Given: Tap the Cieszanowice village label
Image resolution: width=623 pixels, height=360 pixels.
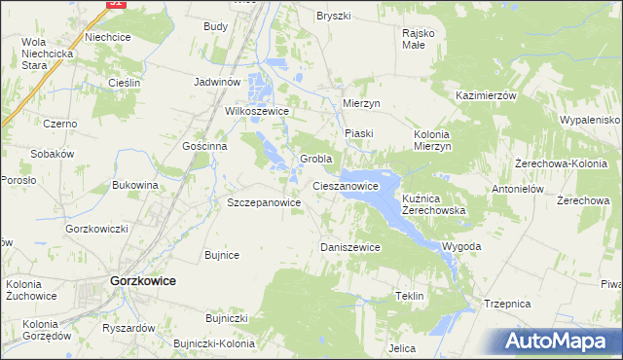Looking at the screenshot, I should point(345,184).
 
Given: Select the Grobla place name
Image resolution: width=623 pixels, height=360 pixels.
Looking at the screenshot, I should point(316,159).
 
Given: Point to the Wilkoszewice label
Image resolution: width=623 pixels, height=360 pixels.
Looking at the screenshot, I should point(258,111).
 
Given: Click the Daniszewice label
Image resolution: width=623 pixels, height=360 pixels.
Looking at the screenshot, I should point(350,247).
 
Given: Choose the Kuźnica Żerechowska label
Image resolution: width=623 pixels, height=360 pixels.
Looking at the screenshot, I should point(434,203).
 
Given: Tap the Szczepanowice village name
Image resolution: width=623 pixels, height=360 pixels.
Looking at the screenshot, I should point(264,202).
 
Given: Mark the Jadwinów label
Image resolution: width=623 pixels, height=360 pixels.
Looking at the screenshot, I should point(217,83).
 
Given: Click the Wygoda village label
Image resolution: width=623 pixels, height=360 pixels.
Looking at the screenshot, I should point(461,246).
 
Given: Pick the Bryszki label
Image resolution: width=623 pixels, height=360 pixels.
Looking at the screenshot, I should point(333,16).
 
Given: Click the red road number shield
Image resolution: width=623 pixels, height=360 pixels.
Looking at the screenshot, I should point(116,3).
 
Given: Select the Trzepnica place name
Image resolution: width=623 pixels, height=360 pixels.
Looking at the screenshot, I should point(507,304).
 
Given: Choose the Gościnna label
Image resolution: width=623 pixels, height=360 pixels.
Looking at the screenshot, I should point(204,145).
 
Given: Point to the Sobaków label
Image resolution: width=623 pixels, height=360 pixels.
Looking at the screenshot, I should point(53,154).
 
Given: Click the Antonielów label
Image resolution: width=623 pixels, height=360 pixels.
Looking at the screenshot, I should point(516,189).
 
